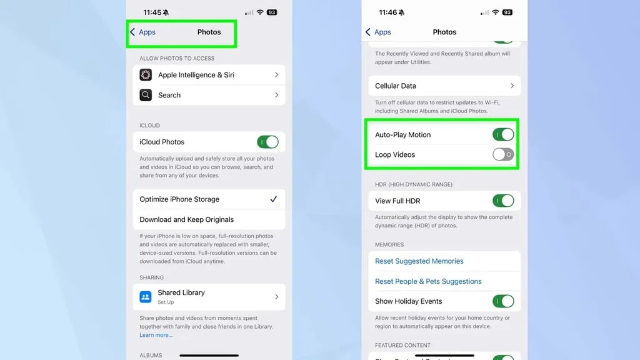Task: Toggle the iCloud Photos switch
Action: click(267, 142)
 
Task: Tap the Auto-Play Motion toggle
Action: click(503, 134)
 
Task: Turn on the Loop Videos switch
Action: click(503, 154)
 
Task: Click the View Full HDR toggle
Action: click(503, 201)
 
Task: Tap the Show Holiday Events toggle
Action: click(503, 301)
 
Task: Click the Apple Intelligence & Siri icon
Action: click(146, 75)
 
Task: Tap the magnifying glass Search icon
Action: click(146, 95)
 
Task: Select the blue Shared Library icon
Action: click(145, 297)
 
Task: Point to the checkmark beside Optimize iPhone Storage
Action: click(274, 199)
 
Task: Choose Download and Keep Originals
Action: click(186, 219)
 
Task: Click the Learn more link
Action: click(156, 335)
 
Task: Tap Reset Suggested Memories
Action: click(419, 261)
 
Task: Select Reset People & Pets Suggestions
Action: click(428, 281)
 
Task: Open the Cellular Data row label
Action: click(396, 86)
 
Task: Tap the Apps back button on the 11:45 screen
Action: click(143, 32)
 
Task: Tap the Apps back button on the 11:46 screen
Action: click(378, 32)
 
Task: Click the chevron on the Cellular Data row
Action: click(512, 86)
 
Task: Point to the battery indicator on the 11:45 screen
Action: click(272, 12)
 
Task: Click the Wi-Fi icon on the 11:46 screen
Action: click(496, 12)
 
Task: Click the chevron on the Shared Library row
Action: click(277, 297)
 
